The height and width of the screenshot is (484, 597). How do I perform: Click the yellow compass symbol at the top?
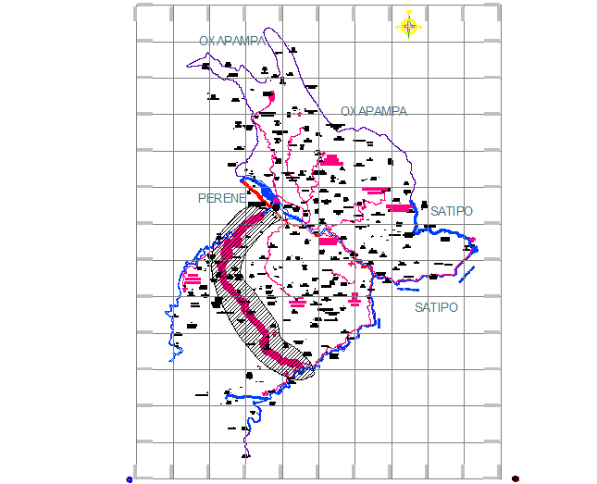tap(409, 25)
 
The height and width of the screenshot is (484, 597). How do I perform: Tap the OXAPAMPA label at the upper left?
tap(232, 41)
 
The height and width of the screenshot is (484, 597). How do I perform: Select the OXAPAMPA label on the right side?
tap(373, 111)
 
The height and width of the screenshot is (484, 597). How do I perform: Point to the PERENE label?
tap(222, 198)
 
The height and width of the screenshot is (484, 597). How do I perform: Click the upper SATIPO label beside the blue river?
tap(451, 211)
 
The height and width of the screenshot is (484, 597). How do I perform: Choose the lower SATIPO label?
tap(436, 306)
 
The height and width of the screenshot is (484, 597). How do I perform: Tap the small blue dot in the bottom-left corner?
tap(129, 479)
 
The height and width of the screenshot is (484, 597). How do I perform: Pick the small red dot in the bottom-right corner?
tap(515, 478)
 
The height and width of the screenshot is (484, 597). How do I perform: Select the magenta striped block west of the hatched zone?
tap(193, 279)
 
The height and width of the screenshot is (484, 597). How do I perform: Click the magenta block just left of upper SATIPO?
tap(400, 208)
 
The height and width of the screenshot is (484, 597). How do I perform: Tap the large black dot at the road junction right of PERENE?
tap(275, 207)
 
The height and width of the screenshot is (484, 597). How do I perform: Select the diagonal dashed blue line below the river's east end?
tap(466, 274)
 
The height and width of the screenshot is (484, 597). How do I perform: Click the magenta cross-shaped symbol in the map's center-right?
tap(354, 299)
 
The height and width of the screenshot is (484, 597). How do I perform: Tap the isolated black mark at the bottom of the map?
tap(245, 454)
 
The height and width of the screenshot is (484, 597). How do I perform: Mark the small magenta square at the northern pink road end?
tap(271, 95)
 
